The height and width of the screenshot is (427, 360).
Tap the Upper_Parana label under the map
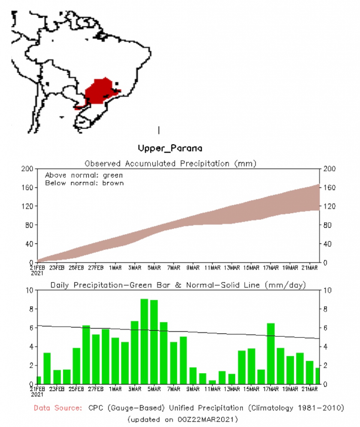[170, 148]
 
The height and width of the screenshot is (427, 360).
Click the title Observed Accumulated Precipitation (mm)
[170, 163]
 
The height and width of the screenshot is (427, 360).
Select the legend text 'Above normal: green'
[84, 175]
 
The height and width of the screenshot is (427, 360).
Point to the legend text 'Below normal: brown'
[84, 183]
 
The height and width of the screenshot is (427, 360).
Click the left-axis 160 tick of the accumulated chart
[27, 188]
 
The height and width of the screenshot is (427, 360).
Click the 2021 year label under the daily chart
[38, 394]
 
